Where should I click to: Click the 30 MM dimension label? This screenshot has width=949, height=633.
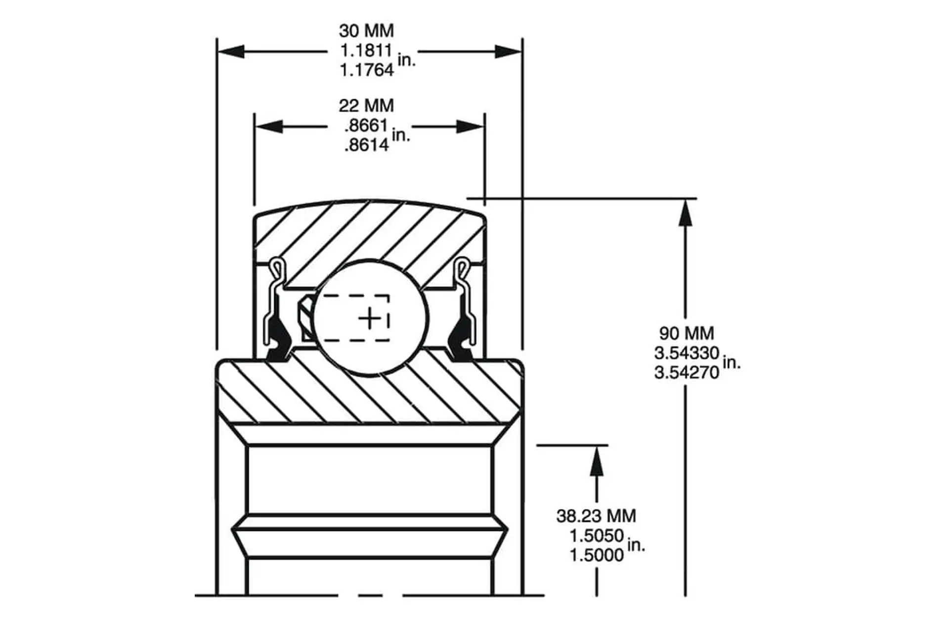pyautogui.click(x=366, y=31)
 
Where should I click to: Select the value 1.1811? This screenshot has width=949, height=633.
pyautogui.click(x=366, y=50)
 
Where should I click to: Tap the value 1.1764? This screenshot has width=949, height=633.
pyautogui.click(x=366, y=70)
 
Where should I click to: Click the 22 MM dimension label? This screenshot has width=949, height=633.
pyautogui.click(x=366, y=105)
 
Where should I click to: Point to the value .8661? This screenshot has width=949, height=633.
pyautogui.click(x=366, y=126)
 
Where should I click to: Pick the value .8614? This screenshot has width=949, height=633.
pyautogui.click(x=366, y=145)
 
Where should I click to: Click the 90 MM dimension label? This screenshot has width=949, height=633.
pyautogui.click(x=687, y=333)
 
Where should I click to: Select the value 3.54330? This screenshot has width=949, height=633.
pyautogui.click(x=687, y=353)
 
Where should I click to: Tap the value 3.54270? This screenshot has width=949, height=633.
pyautogui.click(x=687, y=372)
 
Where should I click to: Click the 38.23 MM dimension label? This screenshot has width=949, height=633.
pyautogui.click(x=596, y=516)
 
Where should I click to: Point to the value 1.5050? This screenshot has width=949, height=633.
pyautogui.click(x=597, y=536)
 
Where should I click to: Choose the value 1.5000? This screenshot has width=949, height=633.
pyautogui.click(x=597, y=555)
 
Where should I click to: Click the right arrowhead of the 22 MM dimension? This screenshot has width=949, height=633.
pyautogui.click(x=470, y=126)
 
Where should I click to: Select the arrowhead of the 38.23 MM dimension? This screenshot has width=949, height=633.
pyautogui.click(x=597, y=460)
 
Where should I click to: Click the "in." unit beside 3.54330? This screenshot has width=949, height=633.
pyautogui.click(x=732, y=362)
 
